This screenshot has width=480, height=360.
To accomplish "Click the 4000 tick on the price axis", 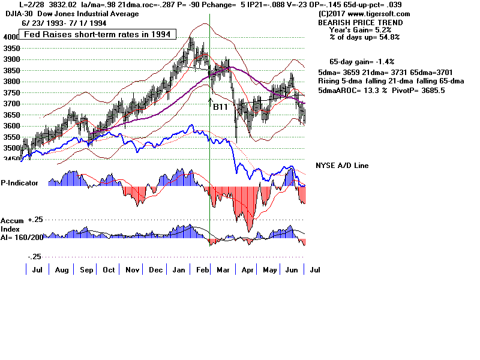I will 11,37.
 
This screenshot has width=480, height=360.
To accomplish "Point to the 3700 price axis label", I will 11,104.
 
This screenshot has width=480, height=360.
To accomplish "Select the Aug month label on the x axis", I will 61,271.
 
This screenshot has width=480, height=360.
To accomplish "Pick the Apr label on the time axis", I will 246,271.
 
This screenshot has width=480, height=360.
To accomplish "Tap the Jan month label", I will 178,271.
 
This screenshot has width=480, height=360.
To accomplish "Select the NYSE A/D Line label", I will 342,166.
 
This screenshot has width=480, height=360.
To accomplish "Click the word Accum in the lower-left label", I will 13,221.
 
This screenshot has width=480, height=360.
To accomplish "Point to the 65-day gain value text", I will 361,62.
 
